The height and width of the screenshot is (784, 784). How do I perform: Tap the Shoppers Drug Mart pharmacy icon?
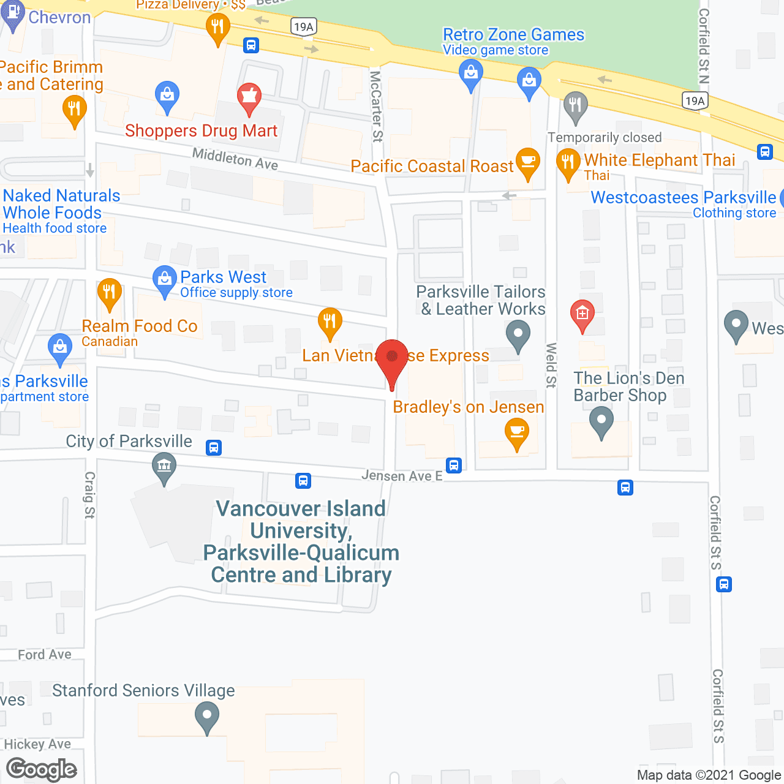point(249,98)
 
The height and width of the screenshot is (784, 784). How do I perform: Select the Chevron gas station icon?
point(13,15)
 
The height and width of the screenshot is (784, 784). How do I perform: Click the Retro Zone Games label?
point(513,35)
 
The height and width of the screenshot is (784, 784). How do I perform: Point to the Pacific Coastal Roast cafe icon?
point(527,164)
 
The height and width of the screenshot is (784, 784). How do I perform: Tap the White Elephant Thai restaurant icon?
point(568,164)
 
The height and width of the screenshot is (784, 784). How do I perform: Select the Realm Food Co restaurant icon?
point(109,293)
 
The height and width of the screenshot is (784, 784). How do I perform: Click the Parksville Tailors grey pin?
point(518,336)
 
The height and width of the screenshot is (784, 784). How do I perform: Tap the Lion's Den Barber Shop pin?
point(601,422)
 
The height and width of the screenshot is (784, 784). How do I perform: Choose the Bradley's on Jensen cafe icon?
point(516,433)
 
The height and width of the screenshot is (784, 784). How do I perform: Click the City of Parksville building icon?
point(164,467)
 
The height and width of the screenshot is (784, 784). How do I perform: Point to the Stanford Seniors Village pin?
point(206,716)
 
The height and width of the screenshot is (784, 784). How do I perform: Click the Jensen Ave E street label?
point(401,476)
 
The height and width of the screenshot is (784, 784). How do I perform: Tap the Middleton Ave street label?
point(235,159)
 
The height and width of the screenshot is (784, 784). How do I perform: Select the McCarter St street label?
point(375,107)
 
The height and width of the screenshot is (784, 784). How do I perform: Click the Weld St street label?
point(551,365)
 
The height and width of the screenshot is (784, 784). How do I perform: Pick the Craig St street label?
point(90,495)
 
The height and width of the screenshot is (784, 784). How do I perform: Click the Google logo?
point(42,769)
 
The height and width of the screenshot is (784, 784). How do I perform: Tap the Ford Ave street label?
point(45,655)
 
